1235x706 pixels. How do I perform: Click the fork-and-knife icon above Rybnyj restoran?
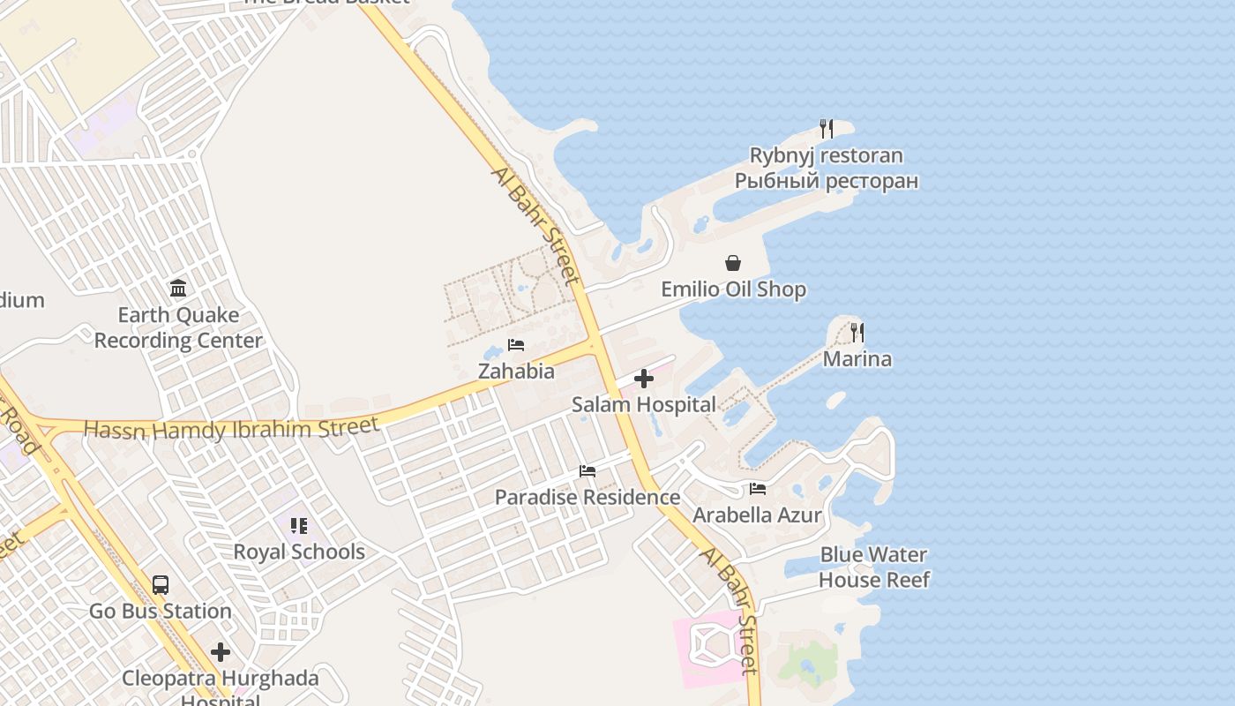pos(827,129)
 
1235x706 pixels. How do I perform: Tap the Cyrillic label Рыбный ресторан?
pos(827,181)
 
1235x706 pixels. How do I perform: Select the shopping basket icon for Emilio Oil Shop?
pos(733,263)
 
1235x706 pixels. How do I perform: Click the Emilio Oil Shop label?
pos(733,289)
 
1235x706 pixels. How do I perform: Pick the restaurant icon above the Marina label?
pos(857,333)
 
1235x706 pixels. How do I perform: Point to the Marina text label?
pos(857,359)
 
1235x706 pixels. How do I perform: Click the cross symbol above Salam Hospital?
pos(644,379)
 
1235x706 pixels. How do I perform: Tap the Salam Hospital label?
pos(644,405)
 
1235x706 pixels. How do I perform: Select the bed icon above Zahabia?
pos(516,345)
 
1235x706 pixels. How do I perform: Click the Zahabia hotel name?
pos(516,372)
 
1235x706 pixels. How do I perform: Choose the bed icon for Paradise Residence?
pos(588,471)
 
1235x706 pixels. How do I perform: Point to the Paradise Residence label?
pos(588,498)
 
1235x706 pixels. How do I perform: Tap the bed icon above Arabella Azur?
pos(757,489)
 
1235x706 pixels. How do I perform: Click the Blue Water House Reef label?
pos(873,567)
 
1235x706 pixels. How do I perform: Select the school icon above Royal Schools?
pos(299,526)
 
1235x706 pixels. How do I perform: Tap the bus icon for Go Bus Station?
pos(161,584)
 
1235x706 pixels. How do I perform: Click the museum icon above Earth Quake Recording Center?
pos(178,289)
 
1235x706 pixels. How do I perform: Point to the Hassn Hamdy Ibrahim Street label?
pos(232,429)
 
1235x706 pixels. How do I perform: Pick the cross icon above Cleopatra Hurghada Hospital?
pos(221,653)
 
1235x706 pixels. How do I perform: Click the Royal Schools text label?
pos(299,552)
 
